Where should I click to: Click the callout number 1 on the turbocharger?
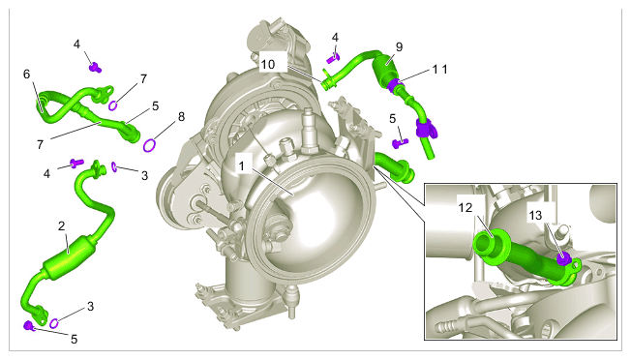[x=241, y=166]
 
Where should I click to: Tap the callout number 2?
[x=61, y=226]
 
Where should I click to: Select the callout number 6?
[x=26, y=75]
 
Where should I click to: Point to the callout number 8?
[x=182, y=117]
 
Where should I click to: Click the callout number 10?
[x=268, y=64]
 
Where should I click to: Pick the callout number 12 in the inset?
[x=466, y=207]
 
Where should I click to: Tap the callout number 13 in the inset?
[x=535, y=216]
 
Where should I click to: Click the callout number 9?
[x=399, y=47]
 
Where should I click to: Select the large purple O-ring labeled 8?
[x=149, y=145]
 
